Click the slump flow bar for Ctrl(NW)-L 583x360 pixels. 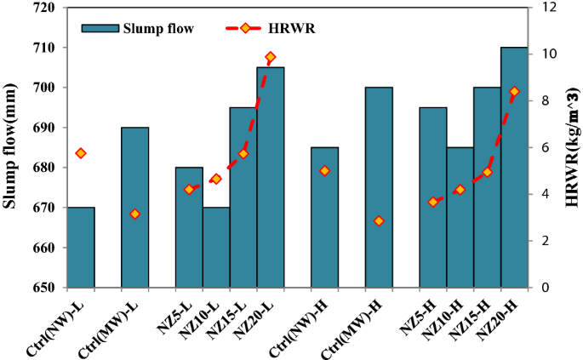click(81, 248)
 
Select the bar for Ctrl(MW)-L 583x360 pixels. click(134, 208)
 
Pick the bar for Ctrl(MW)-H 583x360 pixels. click(379, 187)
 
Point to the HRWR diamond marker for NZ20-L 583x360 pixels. click(270, 57)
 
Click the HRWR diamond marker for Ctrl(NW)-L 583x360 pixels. click(81, 153)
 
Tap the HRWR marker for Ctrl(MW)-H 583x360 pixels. click(379, 221)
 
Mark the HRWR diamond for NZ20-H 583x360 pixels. click(514, 91)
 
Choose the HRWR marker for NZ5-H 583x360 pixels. click(433, 202)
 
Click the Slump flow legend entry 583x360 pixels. click(136, 28)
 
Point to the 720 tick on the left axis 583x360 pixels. click(42, 8)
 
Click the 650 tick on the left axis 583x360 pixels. click(42, 288)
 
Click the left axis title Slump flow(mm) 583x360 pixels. click(11, 146)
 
